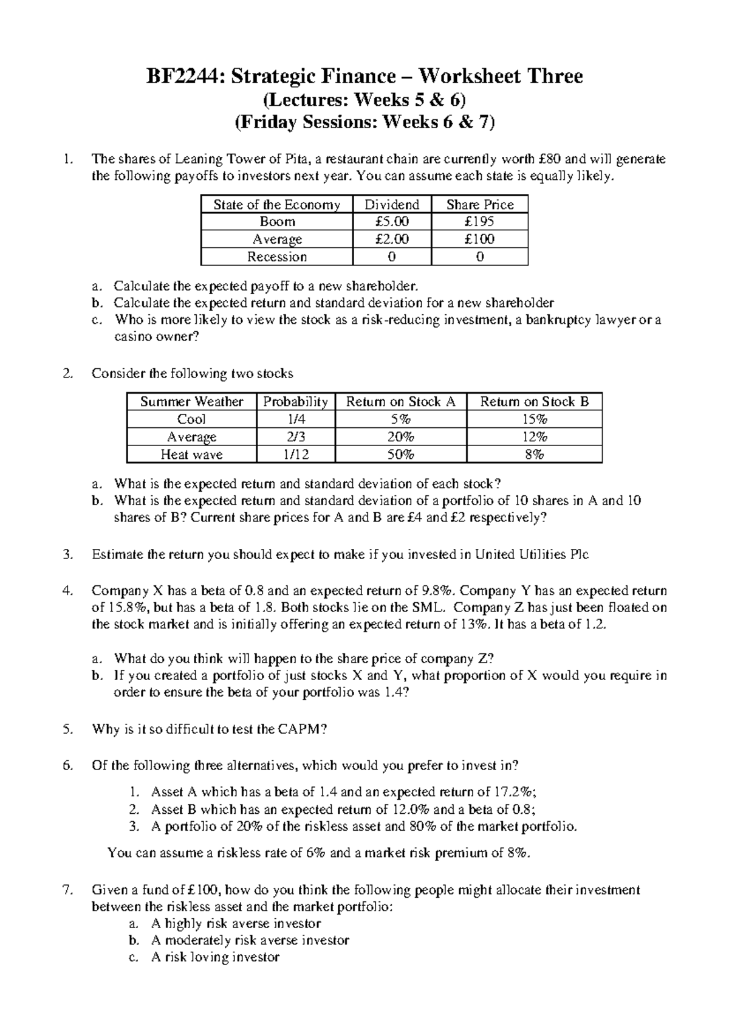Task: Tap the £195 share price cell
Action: [x=479, y=222]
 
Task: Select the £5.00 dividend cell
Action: [x=392, y=222]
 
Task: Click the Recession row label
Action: [x=276, y=257]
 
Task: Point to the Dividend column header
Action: [x=392, y=205]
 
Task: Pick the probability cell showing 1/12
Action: [x=295, y=455]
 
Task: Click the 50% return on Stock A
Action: [x=400, y=455]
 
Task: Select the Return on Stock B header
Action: [x=534, y=402]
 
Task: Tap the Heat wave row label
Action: [x=191, y=455]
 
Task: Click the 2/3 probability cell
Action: [x=295, y=437]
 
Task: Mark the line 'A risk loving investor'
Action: [x=215, y=957]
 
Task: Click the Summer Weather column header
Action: [x=191, y=402]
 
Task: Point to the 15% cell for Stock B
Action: [x=534, y=419]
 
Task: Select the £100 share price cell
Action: [x=479, y=239]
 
